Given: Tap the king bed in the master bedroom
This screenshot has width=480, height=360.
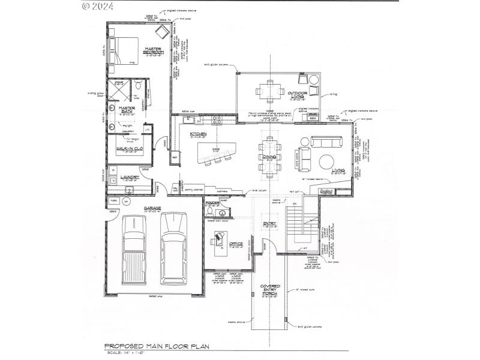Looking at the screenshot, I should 124,50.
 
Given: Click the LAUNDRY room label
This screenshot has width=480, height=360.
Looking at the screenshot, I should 130,177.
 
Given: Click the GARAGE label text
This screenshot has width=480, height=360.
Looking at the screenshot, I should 153,209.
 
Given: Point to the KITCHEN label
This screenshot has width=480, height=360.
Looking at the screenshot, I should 199,134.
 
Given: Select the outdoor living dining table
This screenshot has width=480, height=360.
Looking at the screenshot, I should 270,91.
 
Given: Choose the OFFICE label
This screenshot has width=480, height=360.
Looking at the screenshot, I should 235,244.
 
